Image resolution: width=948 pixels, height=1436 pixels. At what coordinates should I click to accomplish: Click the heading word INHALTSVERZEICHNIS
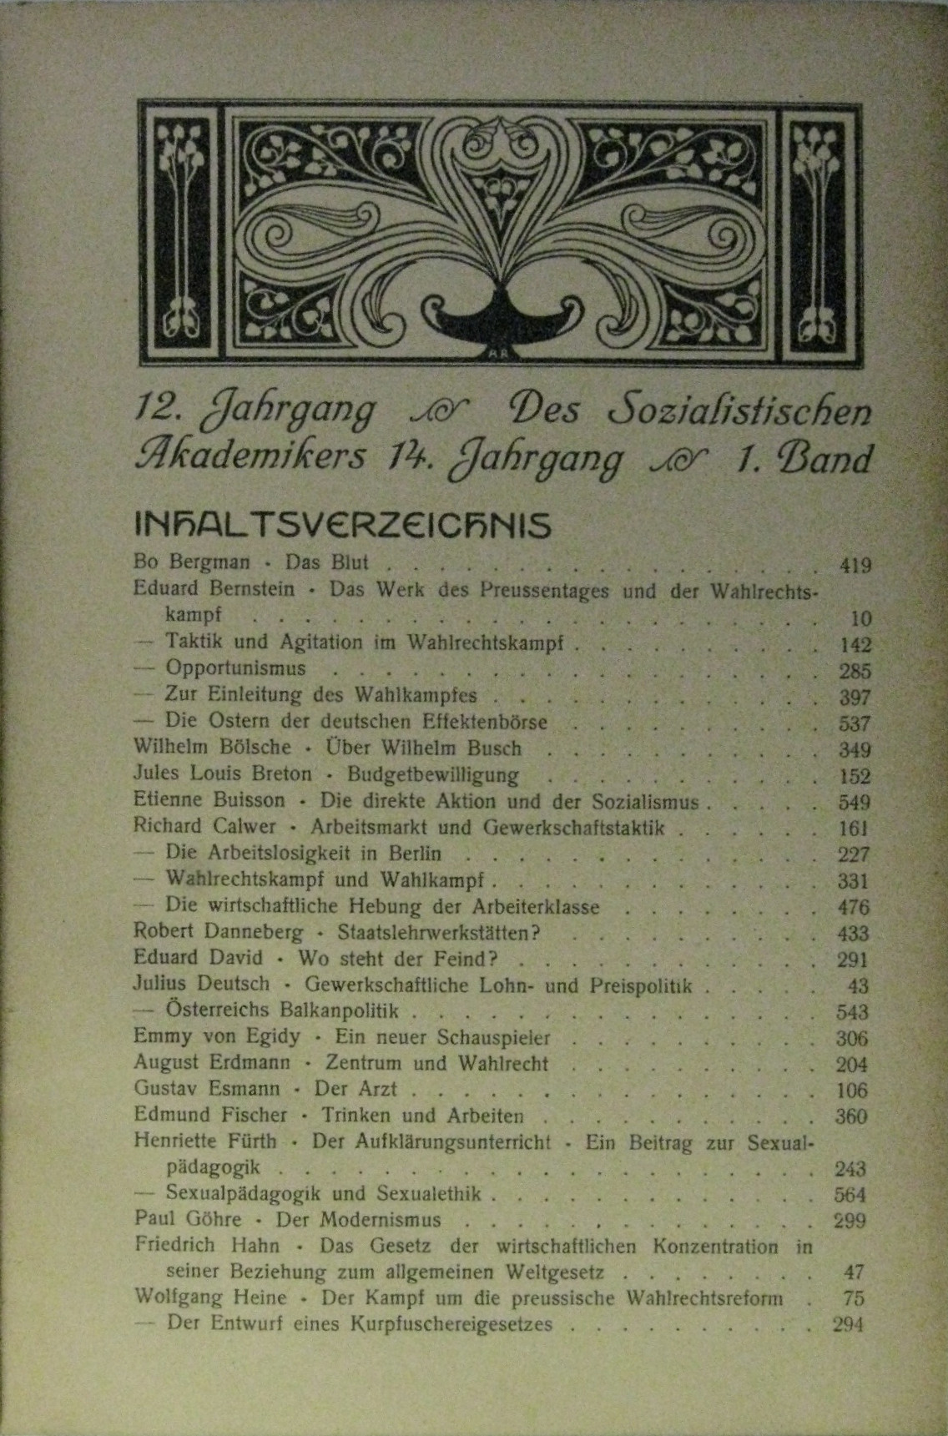342,526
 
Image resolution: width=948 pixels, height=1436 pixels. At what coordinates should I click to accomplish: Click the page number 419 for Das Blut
855,566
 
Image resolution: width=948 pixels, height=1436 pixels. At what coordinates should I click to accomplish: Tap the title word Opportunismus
235,668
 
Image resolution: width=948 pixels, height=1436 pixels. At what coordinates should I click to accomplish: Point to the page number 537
854,723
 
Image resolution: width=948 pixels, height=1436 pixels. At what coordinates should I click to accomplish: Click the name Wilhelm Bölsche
212,748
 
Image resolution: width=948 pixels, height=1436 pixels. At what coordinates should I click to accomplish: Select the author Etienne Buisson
209,800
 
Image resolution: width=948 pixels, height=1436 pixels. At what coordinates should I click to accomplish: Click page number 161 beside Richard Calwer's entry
854,829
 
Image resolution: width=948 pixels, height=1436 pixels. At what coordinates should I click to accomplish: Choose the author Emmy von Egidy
216,1037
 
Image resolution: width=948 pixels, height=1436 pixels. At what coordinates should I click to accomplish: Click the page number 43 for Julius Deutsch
857,986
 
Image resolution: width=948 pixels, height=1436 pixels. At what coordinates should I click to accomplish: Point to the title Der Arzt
355,1090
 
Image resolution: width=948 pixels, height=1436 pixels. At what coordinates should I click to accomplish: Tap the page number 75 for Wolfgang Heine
854,1298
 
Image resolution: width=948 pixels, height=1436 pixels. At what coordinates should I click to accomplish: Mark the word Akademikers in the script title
250,456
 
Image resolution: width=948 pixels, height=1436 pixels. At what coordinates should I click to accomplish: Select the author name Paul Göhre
187,1219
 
